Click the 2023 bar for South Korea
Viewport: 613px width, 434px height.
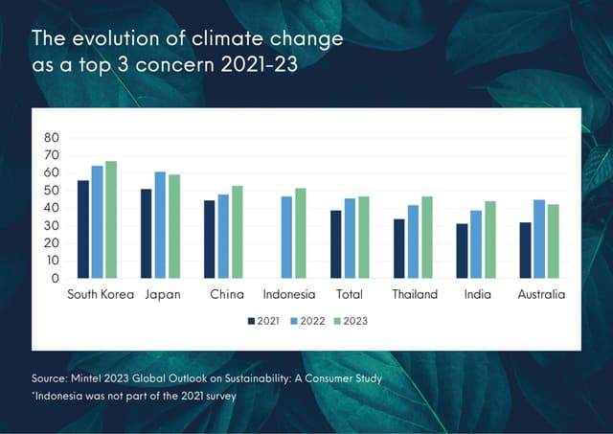pos(111,219)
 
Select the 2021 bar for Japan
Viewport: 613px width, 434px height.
pos(147,233)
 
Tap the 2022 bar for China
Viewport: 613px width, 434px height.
pos(223,236)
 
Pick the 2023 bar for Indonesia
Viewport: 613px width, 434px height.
pos(300,233)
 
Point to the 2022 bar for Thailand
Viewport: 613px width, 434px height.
pos(413,241)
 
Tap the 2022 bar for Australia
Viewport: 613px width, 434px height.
pos(539,239)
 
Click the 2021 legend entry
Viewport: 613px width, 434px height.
pos(263,321)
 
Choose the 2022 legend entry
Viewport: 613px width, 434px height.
pos(307,321)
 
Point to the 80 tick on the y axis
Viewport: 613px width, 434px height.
pos(52,137)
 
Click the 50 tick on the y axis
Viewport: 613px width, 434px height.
pos(52,190)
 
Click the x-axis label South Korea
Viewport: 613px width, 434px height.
pos(100,295)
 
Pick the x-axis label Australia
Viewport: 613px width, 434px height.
pos(541,295)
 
